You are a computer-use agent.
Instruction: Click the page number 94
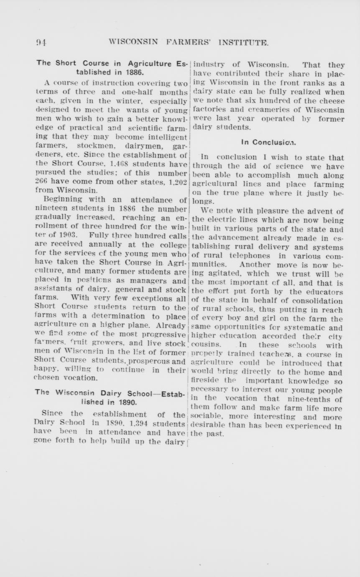pyautogui.click(x=41, y=42)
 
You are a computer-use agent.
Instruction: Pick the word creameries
pyautogui.click(x=289, y=110)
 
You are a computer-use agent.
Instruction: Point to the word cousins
pyautogui.click(x=205, y=345)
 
